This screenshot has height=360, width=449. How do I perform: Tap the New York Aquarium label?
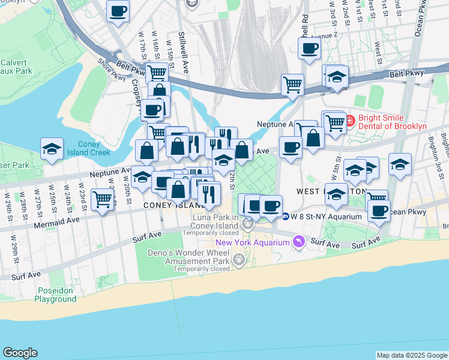252,242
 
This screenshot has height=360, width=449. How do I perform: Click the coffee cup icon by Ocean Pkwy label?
379,210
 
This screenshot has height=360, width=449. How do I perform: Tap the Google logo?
20,353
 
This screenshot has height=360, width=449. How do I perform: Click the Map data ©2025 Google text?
412,355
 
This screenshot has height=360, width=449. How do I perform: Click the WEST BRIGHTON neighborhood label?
331,191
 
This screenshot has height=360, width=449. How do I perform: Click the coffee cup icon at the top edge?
118,10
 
